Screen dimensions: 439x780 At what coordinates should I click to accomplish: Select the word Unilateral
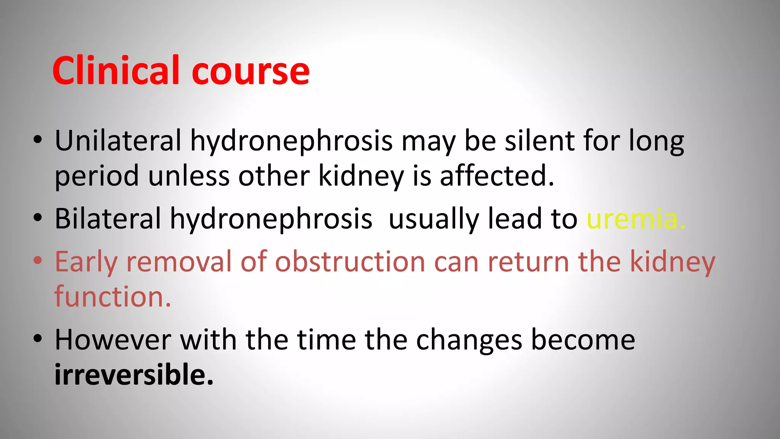pos(118,141)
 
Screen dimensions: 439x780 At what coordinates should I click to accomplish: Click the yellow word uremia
pos(636,219)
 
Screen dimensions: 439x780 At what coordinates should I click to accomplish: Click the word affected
pos(497,176)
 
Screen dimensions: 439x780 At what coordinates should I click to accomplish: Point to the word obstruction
pos(350,262)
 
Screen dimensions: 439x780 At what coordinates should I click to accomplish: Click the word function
pos(113,297)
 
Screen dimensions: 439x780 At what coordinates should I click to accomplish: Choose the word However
pos(113,340)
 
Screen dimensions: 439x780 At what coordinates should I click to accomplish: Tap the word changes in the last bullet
pos(469,341)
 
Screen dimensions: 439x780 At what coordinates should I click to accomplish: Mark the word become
pos(583,340)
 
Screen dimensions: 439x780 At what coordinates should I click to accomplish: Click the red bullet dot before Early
pos(37,261)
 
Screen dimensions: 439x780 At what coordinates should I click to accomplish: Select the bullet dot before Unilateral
pos(37,140)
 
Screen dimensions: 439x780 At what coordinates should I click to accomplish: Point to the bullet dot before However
pos(37,339)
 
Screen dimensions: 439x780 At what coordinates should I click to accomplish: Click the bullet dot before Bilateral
pos(37,218)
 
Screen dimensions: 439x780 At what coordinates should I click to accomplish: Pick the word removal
pos(179,262)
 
